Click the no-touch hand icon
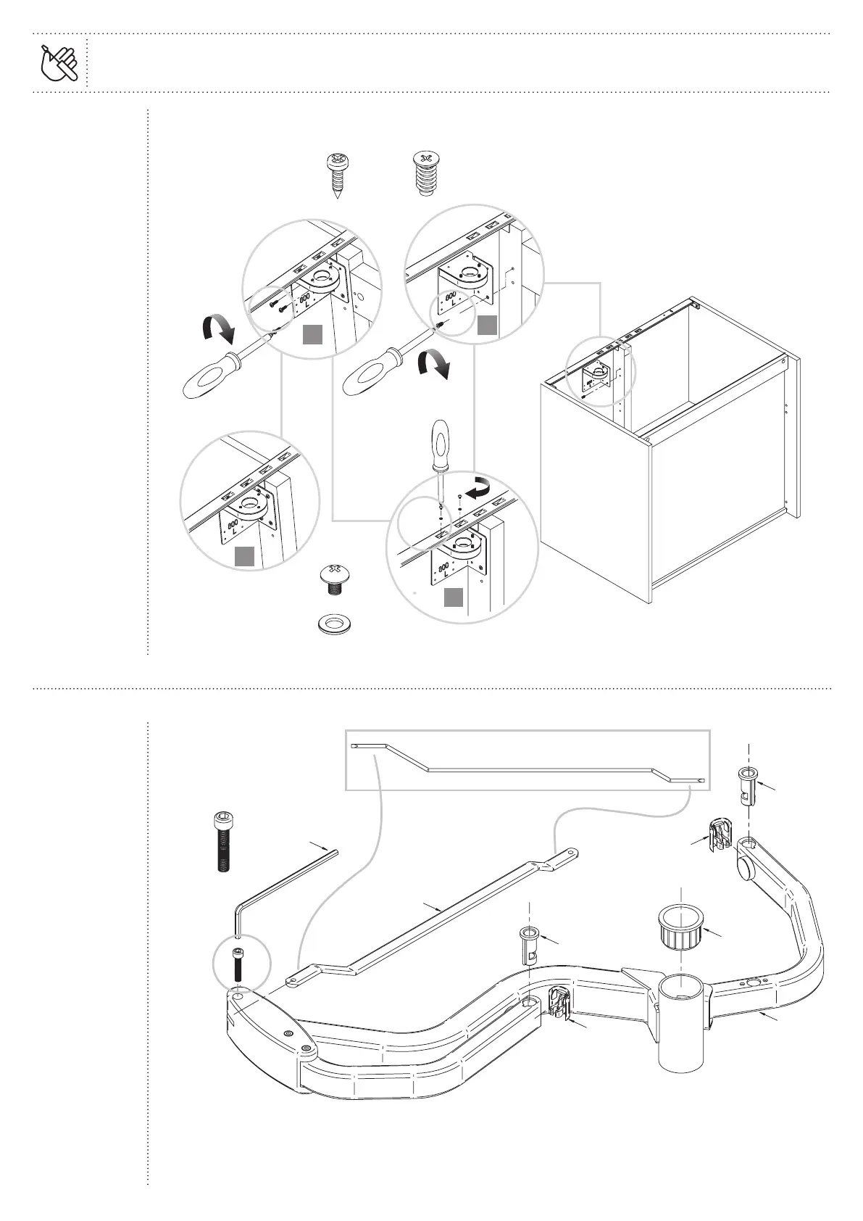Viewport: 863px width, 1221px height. click(59, 62)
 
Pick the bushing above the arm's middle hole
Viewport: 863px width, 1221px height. click(529, 943)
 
